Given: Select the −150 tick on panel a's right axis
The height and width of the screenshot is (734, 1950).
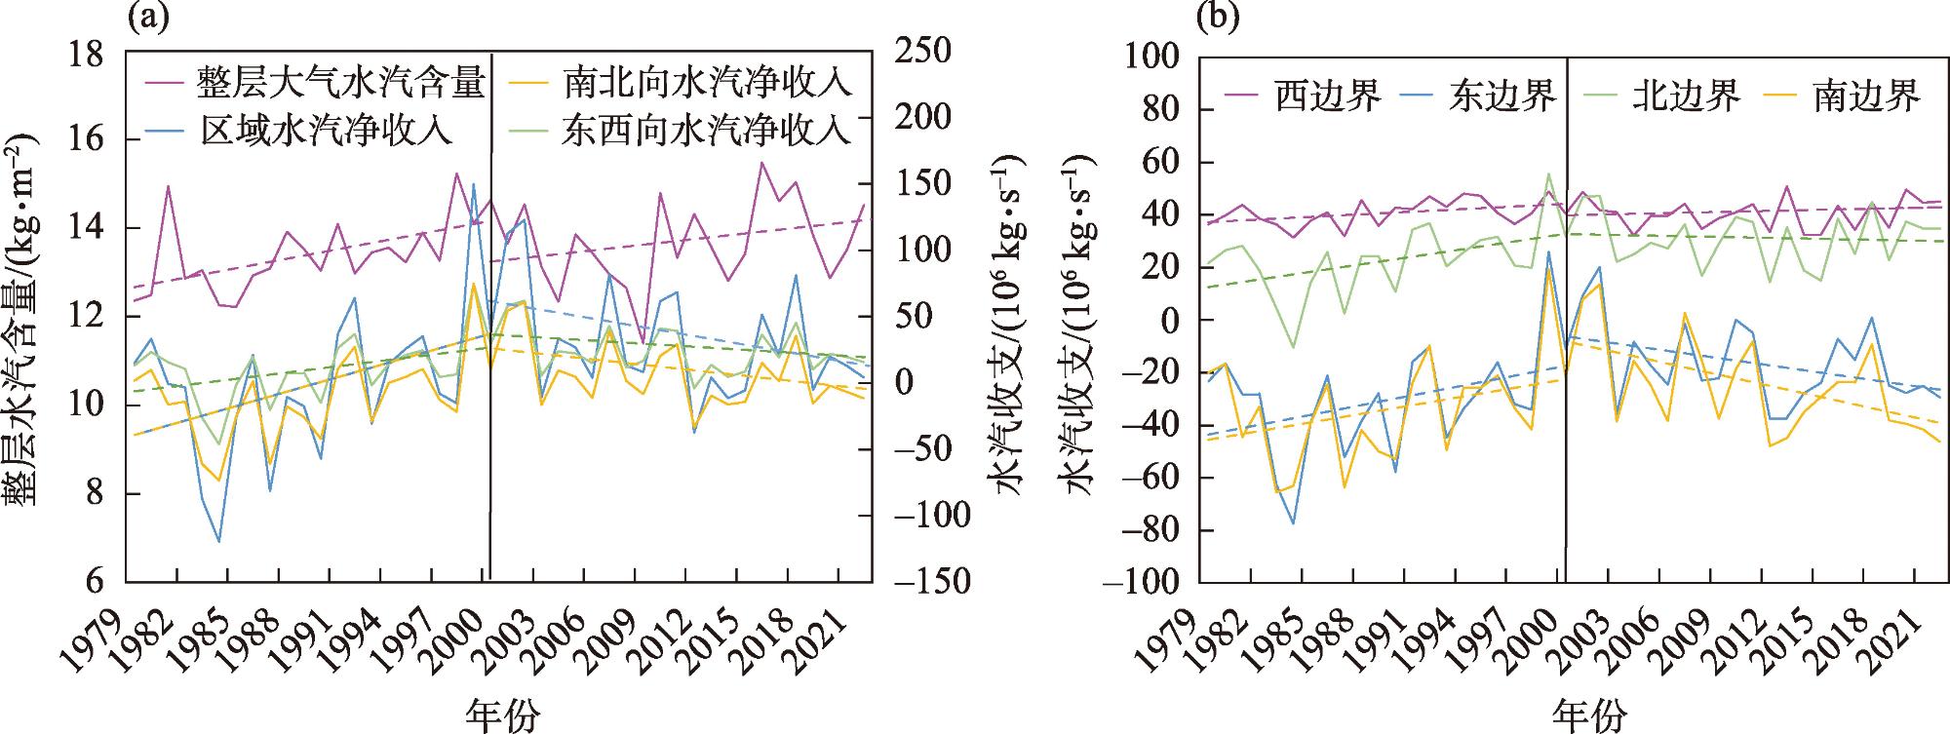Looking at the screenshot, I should pos(931,582).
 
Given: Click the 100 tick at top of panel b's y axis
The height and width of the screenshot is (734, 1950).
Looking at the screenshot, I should pos(1152,58).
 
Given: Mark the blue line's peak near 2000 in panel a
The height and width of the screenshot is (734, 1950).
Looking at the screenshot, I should pos(474,184).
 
